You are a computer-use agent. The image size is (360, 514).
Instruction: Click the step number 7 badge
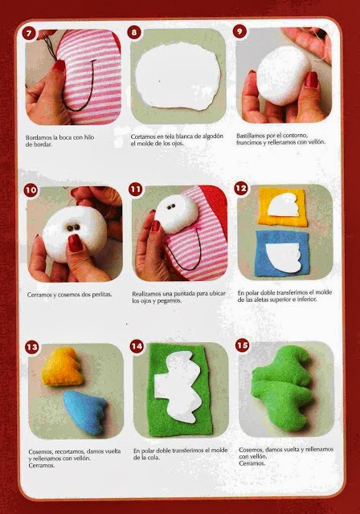point(29,34)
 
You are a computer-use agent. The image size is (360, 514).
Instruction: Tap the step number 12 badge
point(240,188)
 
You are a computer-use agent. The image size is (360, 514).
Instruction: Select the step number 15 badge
point(243,345)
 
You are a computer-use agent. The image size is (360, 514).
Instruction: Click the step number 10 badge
point(31,190)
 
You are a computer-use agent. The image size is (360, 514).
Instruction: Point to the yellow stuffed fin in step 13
point(62,366)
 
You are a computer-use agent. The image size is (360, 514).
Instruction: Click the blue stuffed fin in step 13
point(84,412)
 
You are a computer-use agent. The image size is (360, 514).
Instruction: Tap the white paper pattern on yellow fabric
point(284,205)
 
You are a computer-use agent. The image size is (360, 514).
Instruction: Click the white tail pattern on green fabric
point(178,387)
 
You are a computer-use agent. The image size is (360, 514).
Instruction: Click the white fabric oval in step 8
point(178,75)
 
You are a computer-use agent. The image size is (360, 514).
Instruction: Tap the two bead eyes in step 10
point(73,227)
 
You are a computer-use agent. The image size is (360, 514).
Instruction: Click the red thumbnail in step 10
point(76,243)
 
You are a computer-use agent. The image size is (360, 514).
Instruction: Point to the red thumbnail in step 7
point(59,66)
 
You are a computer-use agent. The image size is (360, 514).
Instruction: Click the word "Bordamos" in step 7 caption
point(39,137)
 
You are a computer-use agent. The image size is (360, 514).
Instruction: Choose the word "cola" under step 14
point(154,458)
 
